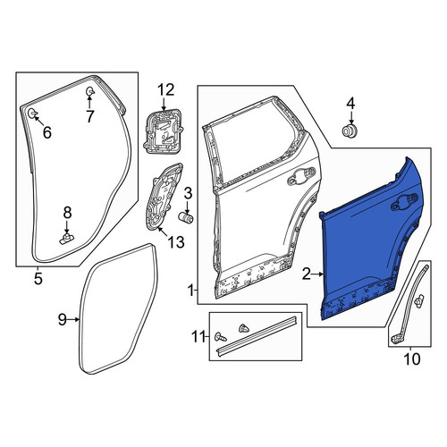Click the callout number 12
[x=165, y=90]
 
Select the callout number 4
[x=350, y=104]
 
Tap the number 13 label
[x=176, y=241]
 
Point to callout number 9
[x=62, y=320]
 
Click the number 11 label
[x=199, y=337]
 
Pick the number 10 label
[x=412, y=359]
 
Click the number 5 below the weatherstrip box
[x=38, y=279]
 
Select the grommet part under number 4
[x=350, y=131]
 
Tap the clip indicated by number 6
[x=32, y=114]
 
